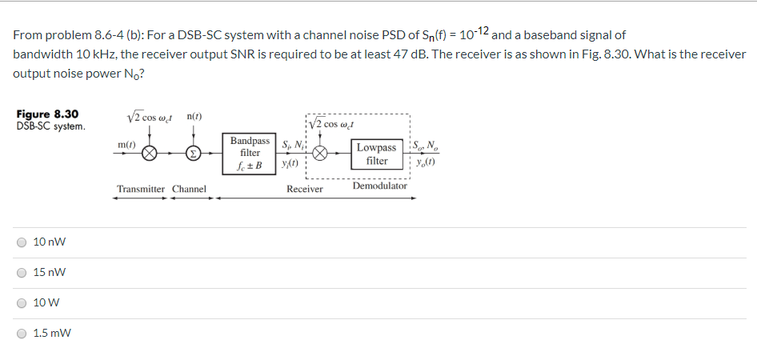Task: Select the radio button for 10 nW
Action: pos(21,242)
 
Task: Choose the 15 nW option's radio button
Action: pos(21,272)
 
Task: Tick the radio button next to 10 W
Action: pos(21,302)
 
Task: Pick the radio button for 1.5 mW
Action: pos(21,333)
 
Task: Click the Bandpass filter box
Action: pos(250,152)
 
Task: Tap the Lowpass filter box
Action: pos(376,154)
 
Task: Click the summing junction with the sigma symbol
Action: pos(193,154)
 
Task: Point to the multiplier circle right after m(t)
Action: pos(150,154)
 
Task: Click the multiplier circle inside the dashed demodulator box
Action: pos(320,154)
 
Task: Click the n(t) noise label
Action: pos(194,117)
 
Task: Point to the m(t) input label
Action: pos(126,143)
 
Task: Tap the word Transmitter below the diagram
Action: pos(141,190)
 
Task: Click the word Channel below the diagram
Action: pos(189,190)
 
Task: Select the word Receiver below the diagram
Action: pos(305,190)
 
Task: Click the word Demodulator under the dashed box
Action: pos(379,186)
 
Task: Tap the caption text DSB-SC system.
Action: pos(50,126)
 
